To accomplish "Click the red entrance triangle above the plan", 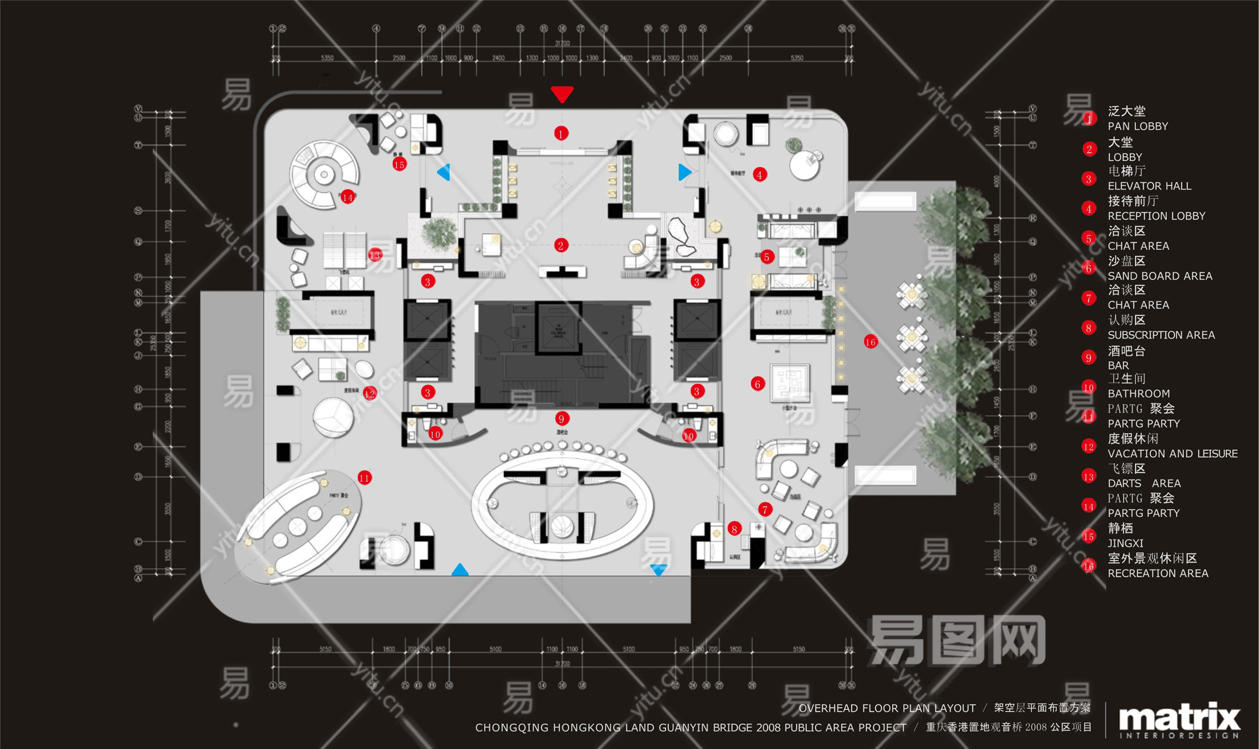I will [x=562, y=94].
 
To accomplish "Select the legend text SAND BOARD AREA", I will [x=1159, y=276].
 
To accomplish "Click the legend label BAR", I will [x=1118, y=365].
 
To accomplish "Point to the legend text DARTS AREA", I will [x=1143, y=483].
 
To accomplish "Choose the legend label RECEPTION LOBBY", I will [x=1156, y=216].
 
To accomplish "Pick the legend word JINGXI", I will [x=1125, y=543].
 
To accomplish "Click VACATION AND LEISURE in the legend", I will [x=1172, y=453].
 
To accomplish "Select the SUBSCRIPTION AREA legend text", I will [x=1161, y=335].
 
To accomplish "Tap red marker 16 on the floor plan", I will [x=870, y=342].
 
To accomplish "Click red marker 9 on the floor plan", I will [x=561, y=419].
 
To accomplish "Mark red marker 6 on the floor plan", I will [x=758, y=384].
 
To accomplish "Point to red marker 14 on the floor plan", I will [x=347, y=197].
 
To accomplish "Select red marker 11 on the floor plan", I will [x=365, y=478].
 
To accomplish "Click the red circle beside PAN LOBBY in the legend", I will [x=1088, y=119].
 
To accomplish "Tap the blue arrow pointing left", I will [x=444, y=172].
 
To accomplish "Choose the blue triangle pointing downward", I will [x=659, y=570].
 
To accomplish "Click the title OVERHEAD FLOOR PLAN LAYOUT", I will [x=886, y=708].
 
